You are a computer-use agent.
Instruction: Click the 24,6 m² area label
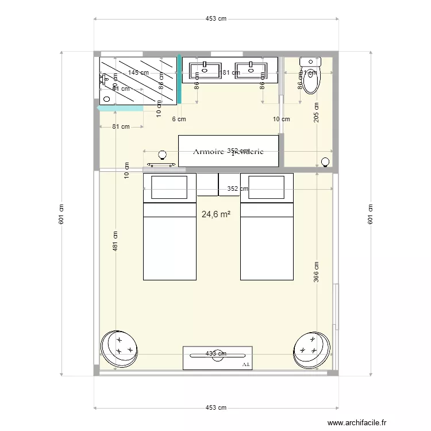point(216,214)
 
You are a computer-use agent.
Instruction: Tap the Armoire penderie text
point(228,152)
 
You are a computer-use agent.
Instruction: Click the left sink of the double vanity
point(205,71)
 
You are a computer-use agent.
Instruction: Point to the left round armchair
point(120,348)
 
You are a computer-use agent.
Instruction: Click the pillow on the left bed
point(169,187)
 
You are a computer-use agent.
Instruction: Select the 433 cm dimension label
point(216,354)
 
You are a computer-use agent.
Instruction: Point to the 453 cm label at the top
point(216,18)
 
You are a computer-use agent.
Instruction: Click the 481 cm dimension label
point(116,241)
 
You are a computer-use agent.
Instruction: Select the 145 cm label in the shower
point(138,72)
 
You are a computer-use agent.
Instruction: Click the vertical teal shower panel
point(179,80)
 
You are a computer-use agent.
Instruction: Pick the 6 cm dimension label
point(179,120)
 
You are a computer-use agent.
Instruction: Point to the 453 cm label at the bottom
point(216,407)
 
